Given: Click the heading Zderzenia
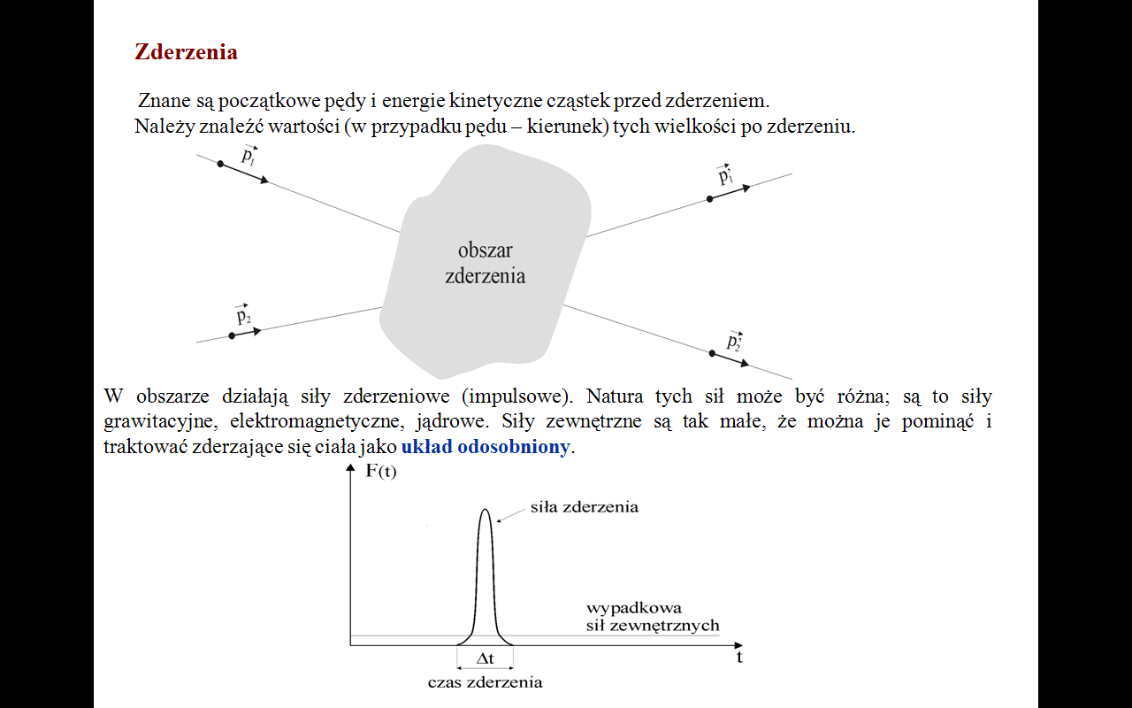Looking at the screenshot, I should [x=186, y=51].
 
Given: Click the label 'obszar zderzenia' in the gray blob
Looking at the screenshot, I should [x=485, y=263].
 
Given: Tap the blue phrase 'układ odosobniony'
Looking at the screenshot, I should [x=485, y=447].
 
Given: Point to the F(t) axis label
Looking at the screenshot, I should [x=380, y=471].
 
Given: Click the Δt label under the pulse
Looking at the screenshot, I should [x=485, y=658].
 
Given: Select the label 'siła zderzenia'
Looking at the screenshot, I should [x=584, y=507].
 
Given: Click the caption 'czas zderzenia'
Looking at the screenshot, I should [x=485, y=682].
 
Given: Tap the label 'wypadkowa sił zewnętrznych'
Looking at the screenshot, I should [x=653, y=617].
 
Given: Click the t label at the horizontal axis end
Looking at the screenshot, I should [x=739, y=658].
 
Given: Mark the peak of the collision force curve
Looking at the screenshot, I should [x=485, y=510].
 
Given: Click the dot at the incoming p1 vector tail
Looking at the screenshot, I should [x=220, y=165].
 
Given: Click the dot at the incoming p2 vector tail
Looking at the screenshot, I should [x=232, y=336].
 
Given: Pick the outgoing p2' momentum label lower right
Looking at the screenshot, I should [x=734, y=341].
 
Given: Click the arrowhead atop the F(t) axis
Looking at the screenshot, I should [x=350, y=470].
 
